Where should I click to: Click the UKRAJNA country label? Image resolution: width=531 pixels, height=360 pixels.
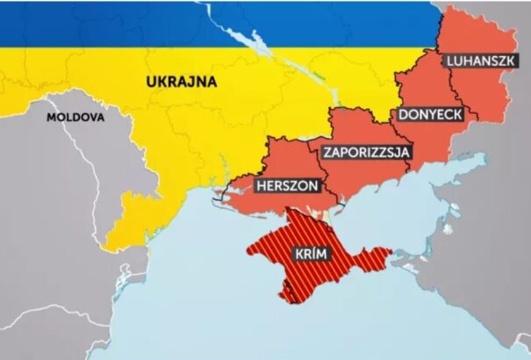pyautogui.click(x=181, y=82)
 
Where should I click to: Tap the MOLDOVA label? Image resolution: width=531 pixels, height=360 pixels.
pyautogui.click(x=75, y=116)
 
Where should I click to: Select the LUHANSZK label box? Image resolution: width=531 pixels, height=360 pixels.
pyautogui.click(x=479, y=61)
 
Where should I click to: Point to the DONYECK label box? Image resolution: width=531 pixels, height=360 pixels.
pyautogui.click(x=431, y=114)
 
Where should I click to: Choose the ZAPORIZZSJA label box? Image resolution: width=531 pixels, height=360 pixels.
pyautogui.click(x=367, y=151)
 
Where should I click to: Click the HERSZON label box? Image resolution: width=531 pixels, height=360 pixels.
pyautogui.click(x=288, y=186)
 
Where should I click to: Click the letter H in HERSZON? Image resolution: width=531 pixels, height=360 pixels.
pyautogui.click(x=260, y=186)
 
